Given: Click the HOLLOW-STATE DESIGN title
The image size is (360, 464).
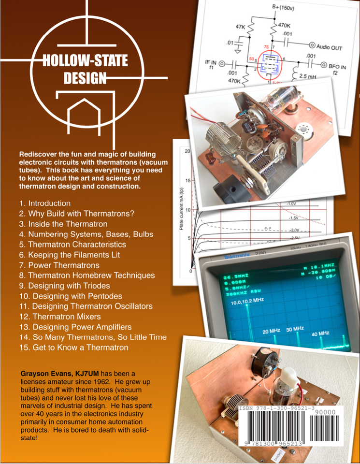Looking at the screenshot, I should point(85,68).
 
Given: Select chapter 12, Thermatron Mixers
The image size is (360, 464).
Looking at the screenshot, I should point(59,317).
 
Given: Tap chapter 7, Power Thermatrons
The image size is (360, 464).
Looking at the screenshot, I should point(59,265).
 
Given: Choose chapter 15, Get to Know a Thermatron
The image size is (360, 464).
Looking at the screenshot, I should point(73,348).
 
